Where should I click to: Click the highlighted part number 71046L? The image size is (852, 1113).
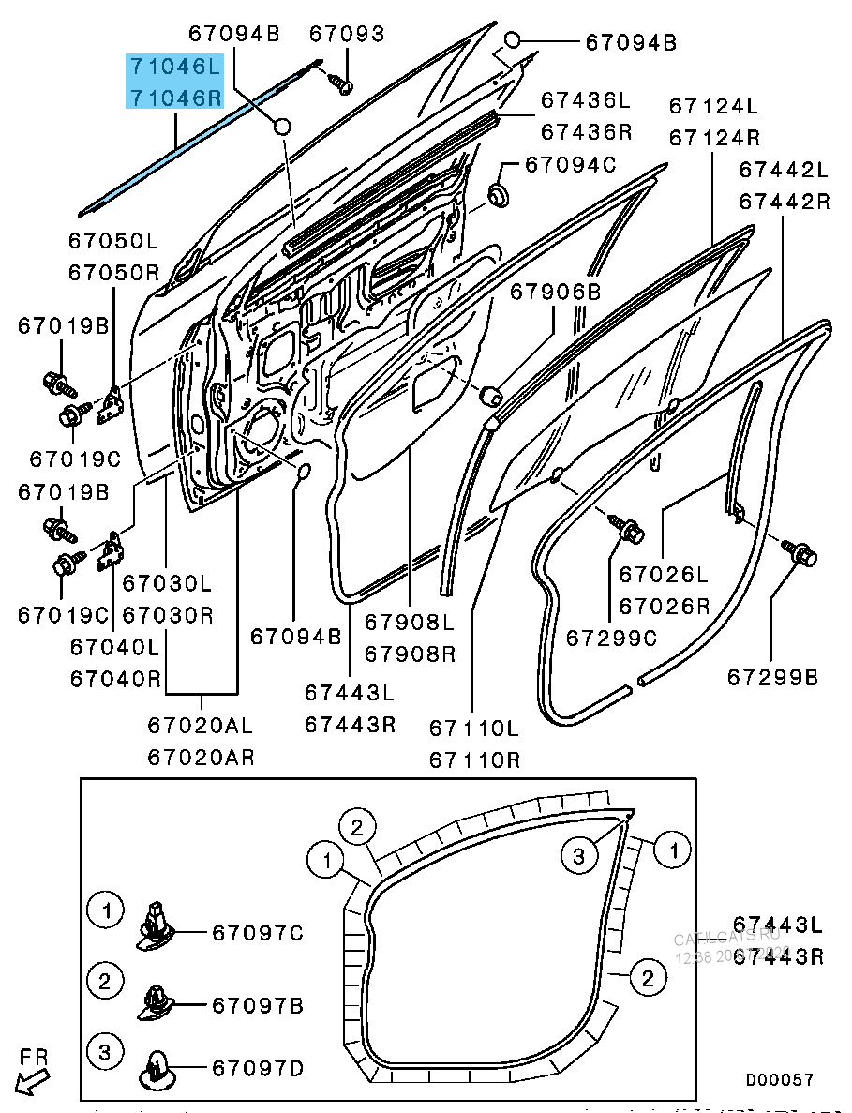(x=175, y=67)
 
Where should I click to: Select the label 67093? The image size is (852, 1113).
(x=347, y=35)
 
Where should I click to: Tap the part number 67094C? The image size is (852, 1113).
(x=570, y=165)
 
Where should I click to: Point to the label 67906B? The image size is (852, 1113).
(x=555, y=293)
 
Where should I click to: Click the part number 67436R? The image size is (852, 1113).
(x=586, y=131)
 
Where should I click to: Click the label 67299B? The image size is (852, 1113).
(x=772, y=676)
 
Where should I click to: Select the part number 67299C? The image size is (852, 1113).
(x=611, y=638)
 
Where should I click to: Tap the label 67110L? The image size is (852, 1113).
(x=474, y=728)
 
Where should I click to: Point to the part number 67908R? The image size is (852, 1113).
(x=410, y=653)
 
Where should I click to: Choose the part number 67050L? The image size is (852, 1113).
(x=112, y=241)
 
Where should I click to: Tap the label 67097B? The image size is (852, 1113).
(x=258, y=1006)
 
